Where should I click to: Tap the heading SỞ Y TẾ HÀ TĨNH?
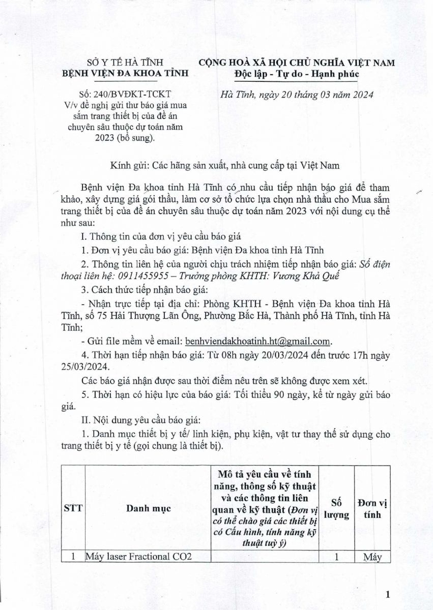click(124, 63)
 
